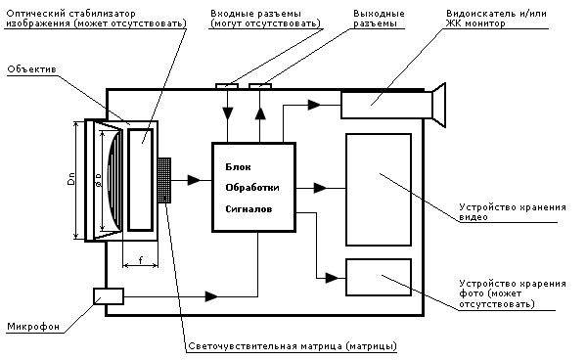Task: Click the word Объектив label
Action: tap(32, 69)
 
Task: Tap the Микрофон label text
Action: tap(33, 327)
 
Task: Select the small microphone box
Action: tap(109, 296)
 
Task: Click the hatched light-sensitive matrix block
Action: tap(164, 180)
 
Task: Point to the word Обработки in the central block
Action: tap(252, 188)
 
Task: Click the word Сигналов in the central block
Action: tap(248, 209)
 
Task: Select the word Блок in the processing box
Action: tap(238, 167)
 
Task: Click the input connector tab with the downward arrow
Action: tap(227, 86)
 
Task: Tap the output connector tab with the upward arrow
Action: tap(260, 86)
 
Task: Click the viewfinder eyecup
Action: tap(439, 105)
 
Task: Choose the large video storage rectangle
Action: tap(379, 190)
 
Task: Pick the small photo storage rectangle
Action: tap(379, 277)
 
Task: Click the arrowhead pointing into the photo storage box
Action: tap(332, 278)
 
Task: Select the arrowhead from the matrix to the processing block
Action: tap(194, 180)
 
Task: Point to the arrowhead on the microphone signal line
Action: tap(211, 296)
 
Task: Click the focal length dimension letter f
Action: tap(140, 259)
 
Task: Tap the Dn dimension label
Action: tap(71, 178)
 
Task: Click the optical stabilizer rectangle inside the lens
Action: tap(141, 180)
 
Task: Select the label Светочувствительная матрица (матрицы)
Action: tap(292, 346)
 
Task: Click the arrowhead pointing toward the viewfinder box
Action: tap(314, 105)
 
